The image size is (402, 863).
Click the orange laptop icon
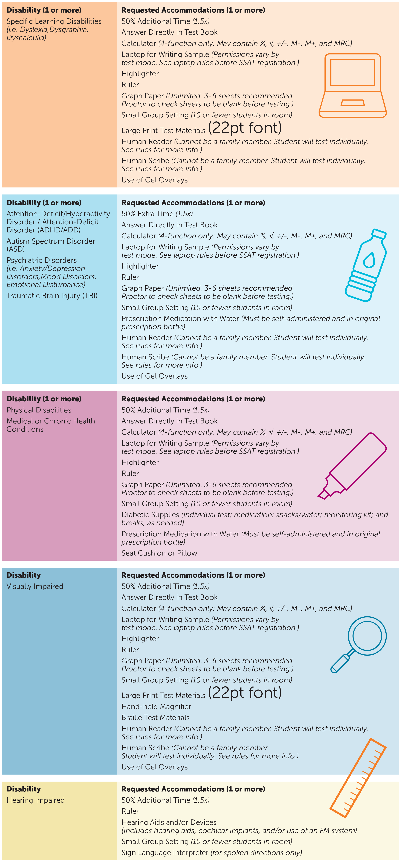[x=352, y=86]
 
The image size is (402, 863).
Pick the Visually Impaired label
[x=35, y=586]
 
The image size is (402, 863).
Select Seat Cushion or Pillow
[x=159, y=553]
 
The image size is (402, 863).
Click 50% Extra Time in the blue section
[x=148, y=213]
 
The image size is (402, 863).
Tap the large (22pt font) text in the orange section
[x=245, y=128]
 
